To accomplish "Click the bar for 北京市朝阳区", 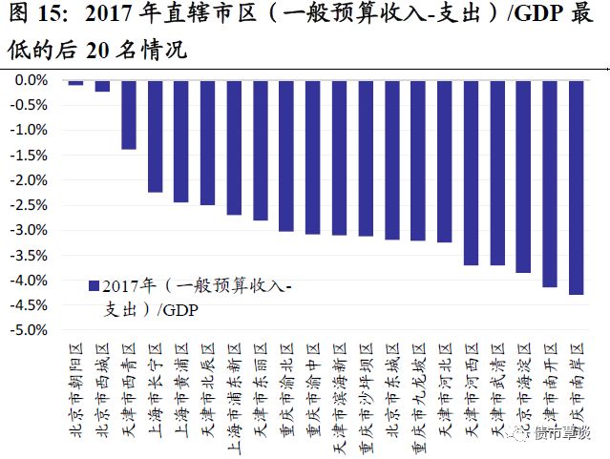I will pos(75,82).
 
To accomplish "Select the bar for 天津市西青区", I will pos(129,115).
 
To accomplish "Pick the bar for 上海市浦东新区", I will pos(234,147).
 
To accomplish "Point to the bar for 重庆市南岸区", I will pos(576,187).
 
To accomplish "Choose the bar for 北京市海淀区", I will pos(523,177).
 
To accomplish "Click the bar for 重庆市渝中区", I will pos(312,156).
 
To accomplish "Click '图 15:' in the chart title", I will pos(35,16).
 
